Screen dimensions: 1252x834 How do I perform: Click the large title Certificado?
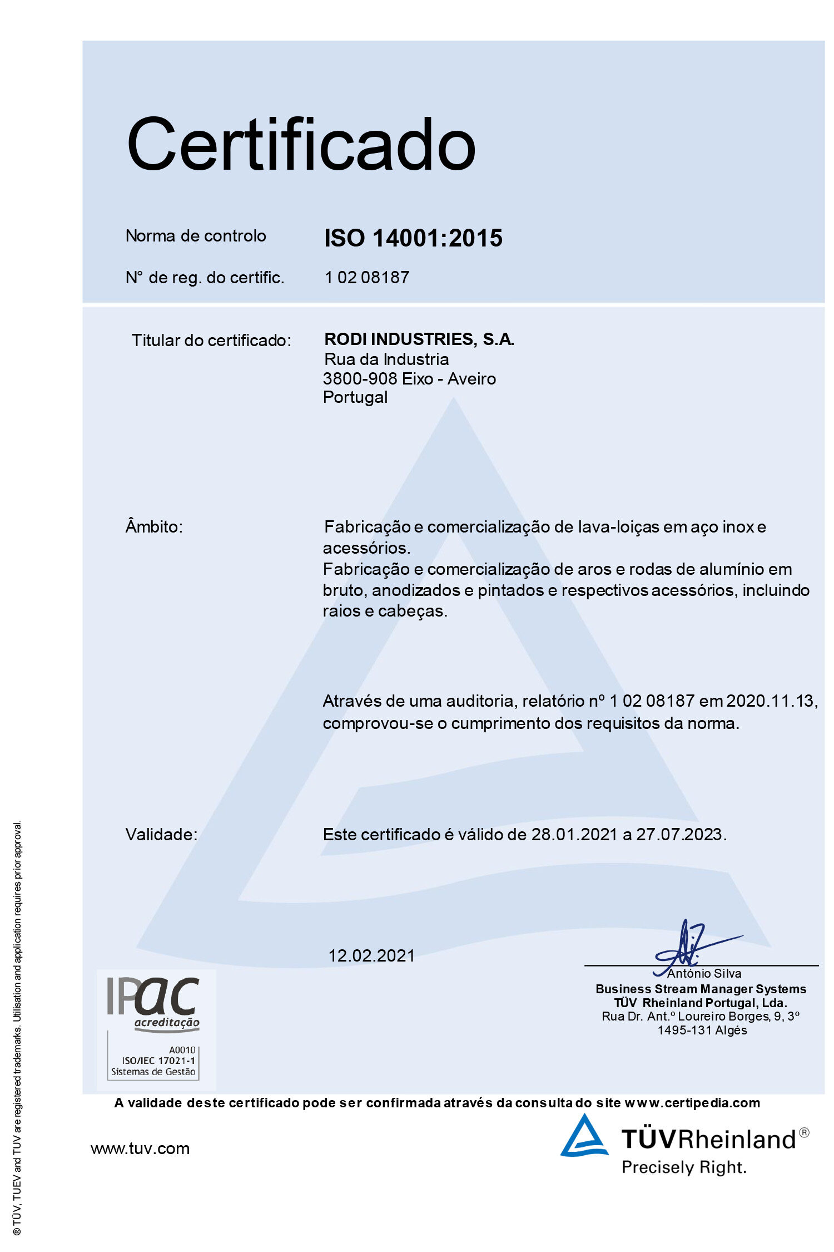(301, 145)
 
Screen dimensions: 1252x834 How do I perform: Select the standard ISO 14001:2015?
(413, 238)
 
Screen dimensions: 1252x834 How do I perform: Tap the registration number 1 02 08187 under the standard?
(367, 277)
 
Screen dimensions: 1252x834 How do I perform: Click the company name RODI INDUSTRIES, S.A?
(419, 339)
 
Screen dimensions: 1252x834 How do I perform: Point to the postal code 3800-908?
(360, 379)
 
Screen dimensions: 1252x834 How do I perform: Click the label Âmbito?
(154, 526)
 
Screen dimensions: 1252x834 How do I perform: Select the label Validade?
(161, 834)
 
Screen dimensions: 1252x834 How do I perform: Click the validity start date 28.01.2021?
(574, 834)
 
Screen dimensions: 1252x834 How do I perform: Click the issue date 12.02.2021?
(371, 955)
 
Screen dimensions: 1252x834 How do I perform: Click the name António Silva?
(704, 973)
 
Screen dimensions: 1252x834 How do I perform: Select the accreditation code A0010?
(182, 1050)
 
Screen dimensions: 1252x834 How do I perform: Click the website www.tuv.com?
(140, 1149)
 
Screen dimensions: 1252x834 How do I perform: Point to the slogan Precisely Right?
(684, 1167)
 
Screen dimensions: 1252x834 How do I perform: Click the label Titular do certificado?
(211, 341)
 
